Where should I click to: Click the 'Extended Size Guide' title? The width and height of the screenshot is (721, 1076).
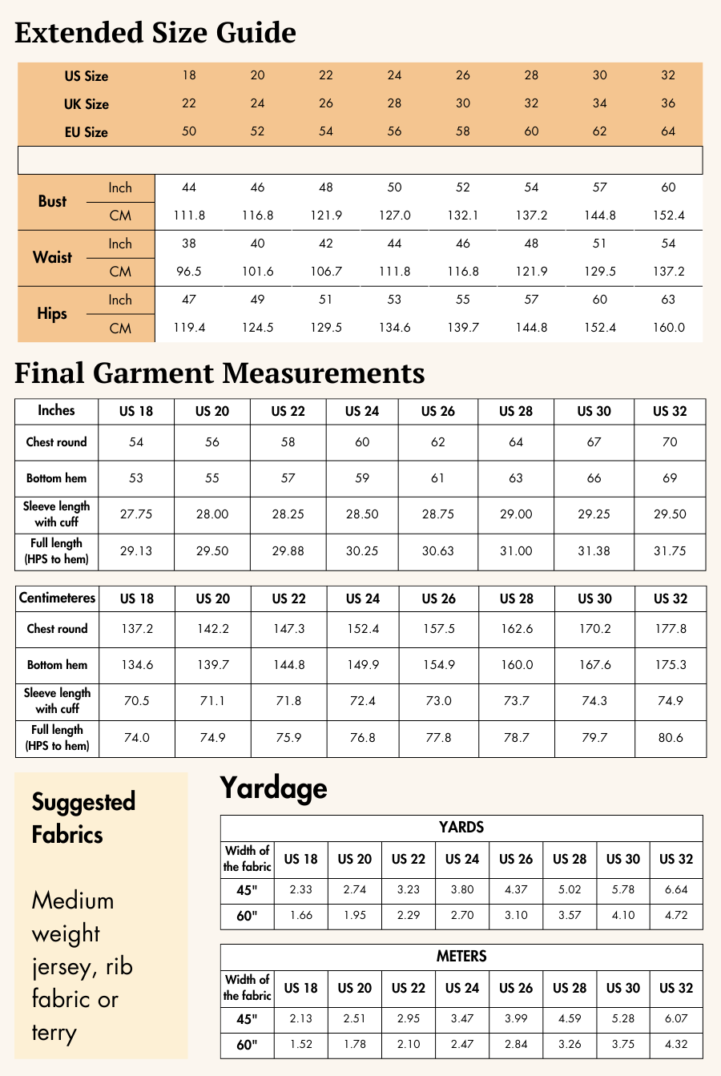155,33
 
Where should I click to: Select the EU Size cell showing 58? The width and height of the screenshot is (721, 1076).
463,131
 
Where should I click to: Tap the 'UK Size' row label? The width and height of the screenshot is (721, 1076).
86,104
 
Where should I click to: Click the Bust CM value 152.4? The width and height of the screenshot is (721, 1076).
669,216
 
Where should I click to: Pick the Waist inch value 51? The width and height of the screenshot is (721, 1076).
600,244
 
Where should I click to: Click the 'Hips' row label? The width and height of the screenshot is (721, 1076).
52,313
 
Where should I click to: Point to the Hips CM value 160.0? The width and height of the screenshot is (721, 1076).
669,328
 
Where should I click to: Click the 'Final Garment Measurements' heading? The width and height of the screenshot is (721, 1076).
220,373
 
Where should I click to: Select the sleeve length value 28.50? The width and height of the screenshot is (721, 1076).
362,514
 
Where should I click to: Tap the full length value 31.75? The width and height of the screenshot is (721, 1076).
670,551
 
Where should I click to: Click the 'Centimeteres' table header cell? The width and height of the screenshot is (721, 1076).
57,598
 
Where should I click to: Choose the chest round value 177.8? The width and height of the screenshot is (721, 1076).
671,629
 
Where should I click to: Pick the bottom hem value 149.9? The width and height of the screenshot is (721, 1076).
363,665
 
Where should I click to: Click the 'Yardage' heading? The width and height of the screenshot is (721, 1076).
273,788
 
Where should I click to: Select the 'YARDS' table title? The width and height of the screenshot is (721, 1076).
461,828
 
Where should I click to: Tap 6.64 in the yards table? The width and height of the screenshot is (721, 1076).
676,889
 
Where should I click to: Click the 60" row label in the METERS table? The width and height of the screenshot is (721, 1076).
247,1045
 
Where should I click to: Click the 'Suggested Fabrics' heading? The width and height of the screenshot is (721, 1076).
83,818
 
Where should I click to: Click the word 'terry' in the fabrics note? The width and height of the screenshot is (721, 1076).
54,1033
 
